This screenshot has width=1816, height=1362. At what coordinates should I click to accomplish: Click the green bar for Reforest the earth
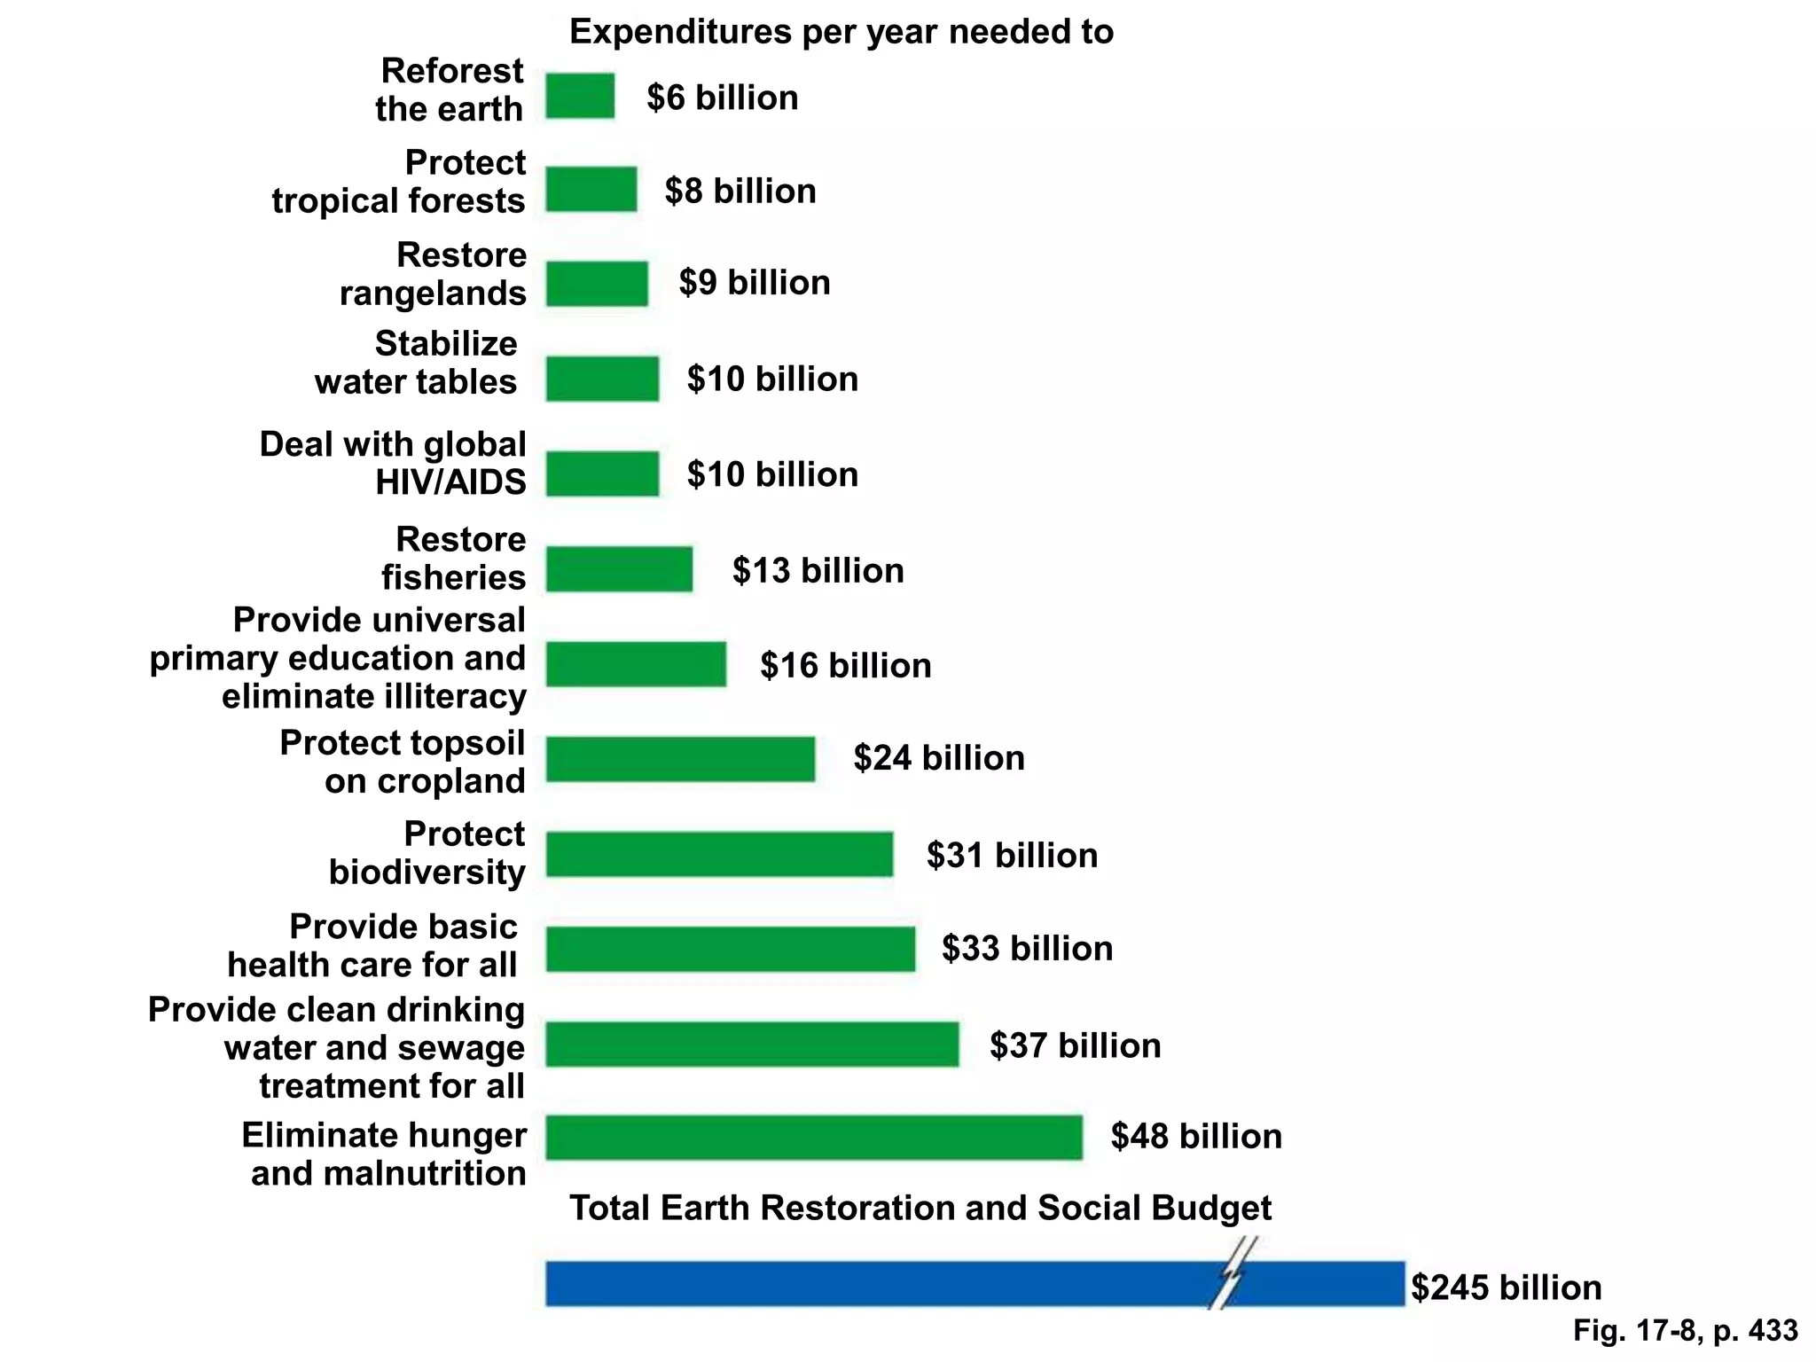(580, 96)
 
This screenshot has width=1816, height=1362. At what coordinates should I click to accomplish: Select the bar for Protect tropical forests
(591, 189)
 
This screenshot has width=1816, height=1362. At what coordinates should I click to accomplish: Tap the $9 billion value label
(755, 283)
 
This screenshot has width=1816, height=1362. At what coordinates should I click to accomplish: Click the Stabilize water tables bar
(602, 379)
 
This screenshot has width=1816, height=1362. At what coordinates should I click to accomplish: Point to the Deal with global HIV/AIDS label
(393, 463)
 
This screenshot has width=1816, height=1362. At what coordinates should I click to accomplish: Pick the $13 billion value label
(818, 570)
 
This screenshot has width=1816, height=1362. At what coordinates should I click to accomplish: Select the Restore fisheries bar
(619, 569)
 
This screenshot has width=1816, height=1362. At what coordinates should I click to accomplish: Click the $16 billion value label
(845, 665)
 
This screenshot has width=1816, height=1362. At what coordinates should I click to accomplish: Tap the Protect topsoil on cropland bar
(680, 759)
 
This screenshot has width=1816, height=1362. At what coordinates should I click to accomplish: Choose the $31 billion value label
(1012, 855)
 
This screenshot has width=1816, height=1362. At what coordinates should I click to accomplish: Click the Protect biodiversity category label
(427, 853)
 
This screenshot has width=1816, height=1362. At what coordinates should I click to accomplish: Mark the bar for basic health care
(730, 949)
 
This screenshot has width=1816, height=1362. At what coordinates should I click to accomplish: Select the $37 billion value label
(1075, 1045)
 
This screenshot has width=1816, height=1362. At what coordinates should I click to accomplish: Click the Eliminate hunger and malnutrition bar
(813, 1138)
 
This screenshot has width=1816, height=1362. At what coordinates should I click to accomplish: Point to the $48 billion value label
(1196, 1136)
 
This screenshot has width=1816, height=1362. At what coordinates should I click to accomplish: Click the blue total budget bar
(887, 1283)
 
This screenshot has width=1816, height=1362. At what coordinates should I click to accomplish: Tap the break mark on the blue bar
(1233, 1274)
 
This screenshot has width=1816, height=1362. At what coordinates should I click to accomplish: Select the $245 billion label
(1506, 1288)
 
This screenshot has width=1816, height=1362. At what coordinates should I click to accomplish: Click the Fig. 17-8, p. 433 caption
(1685, 1330)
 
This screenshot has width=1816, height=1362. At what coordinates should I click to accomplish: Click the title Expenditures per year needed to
(841, 32)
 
